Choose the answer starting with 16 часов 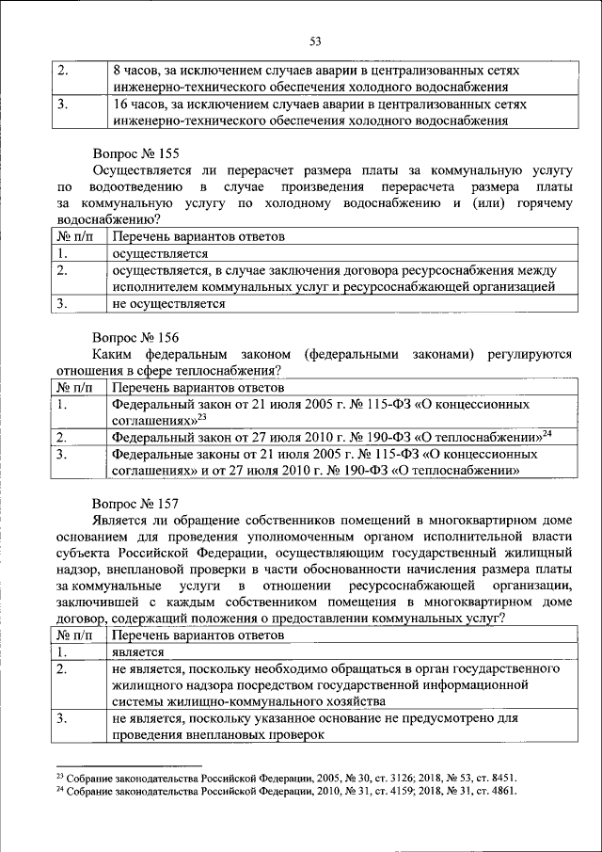(310, 112)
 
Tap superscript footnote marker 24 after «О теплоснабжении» (546, 433)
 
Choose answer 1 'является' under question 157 (137, 651)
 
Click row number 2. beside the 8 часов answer (62, 72)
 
